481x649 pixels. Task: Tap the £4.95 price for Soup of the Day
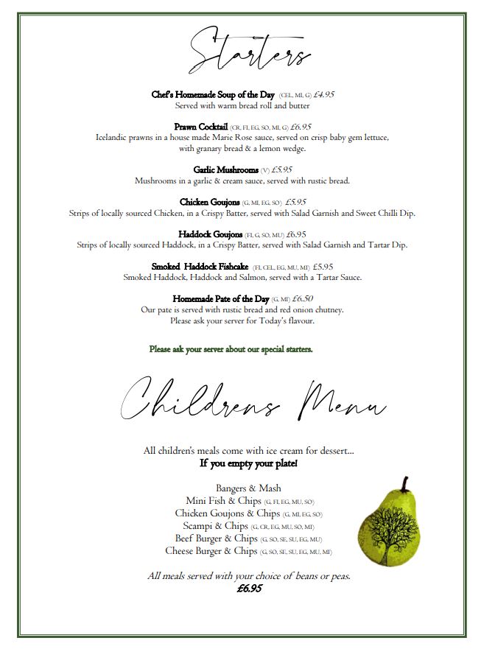click(324, 95)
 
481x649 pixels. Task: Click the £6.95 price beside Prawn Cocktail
click(301, 127)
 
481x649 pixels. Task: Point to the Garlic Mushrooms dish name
click(226, 169)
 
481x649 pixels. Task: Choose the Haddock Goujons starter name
click(211, 234)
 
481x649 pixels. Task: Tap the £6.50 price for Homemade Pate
click(303, 299)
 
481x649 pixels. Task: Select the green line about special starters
click(231, 349)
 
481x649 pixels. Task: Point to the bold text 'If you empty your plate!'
click(248, 463)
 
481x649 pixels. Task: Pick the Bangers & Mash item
click(248, 488)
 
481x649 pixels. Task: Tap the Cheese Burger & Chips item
click(211, 551)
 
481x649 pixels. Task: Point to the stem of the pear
click(404, 485)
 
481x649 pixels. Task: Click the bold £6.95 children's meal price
click(249, 589)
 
